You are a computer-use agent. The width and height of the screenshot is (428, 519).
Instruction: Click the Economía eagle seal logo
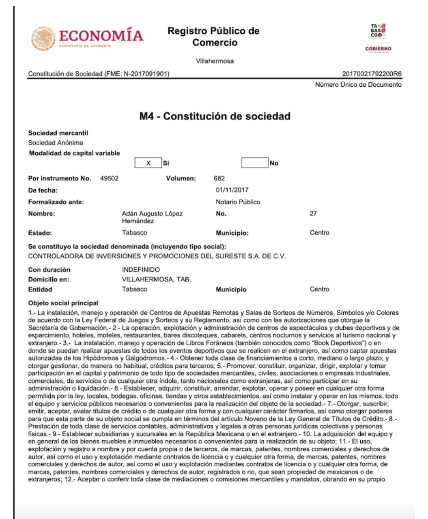click(43, 39)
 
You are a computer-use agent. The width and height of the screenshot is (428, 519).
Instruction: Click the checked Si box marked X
click(148, 163)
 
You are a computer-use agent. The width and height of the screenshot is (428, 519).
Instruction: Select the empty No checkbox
click(255, 163)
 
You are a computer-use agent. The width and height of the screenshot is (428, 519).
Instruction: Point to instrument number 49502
click(110, 178)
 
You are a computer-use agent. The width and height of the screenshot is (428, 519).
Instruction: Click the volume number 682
click(219, 178)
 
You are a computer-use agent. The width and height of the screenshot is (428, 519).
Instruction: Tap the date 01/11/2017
click(232, 190)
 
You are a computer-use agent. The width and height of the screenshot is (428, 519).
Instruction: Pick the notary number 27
click(313, 213)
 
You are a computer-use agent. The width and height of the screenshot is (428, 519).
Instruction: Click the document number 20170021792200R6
click(372, 74)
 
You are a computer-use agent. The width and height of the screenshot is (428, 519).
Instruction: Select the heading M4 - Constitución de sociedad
click(215, 116)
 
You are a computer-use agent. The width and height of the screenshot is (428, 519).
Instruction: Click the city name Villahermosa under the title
click(215, 61)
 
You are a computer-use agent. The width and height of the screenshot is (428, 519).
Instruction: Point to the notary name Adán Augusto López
click(152, 214)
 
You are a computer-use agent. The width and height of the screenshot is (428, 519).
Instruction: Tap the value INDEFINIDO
click(141, 270)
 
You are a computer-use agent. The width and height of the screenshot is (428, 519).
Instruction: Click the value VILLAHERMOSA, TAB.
click(156, 279)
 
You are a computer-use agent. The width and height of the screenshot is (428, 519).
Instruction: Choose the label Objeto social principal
click(63, 303)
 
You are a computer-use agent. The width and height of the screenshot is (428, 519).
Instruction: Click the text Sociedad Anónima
click(56, 143)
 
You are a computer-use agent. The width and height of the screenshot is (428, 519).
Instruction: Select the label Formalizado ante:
click(56, 202)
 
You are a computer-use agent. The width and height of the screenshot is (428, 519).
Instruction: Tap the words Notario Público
click(238, 202)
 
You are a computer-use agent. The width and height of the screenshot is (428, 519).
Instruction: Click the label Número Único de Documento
click(358, 85)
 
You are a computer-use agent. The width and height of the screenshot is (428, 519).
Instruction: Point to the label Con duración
click(49, 270)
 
